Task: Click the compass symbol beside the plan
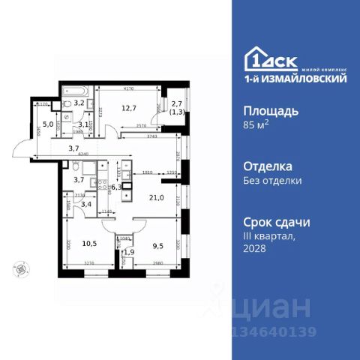19,266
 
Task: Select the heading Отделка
268,166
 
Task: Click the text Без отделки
274,180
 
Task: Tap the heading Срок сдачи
277,222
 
